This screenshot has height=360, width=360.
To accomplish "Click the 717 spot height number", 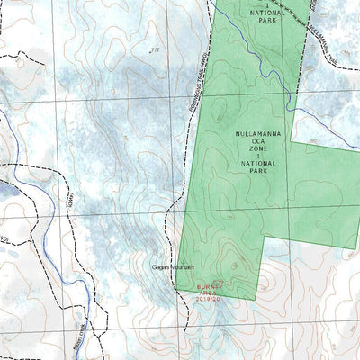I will [x=155, y=49].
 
